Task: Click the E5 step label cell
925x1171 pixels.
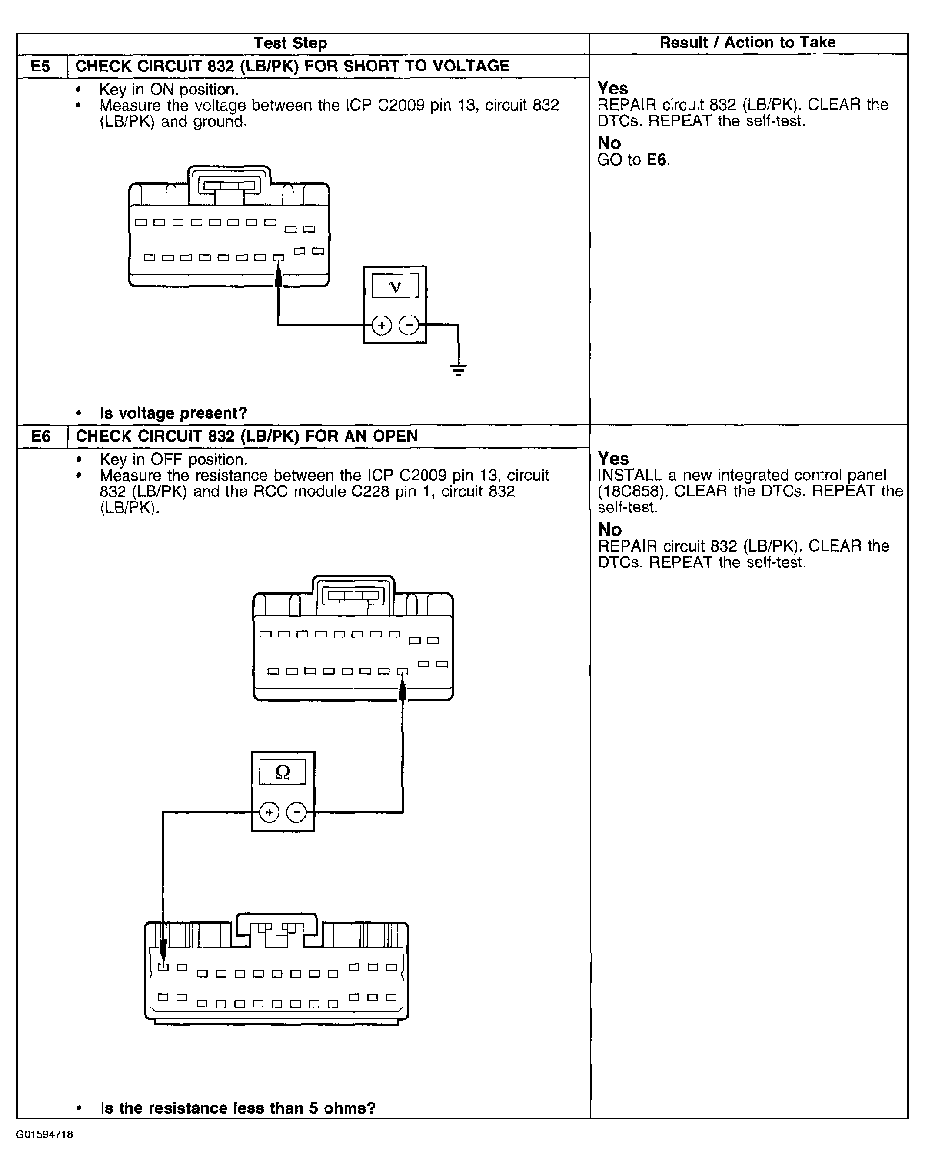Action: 41,66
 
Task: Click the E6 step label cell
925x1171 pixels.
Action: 41,436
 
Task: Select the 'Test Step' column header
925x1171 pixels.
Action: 290,43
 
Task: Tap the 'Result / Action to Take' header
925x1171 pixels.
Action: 747,42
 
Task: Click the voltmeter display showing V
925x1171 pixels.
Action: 396,286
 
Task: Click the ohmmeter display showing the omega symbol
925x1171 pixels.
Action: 283,772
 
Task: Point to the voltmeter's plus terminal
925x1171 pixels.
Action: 382,325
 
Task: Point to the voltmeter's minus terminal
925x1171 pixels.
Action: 409,325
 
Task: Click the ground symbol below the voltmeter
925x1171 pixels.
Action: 458,370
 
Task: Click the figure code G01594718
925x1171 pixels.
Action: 44,1134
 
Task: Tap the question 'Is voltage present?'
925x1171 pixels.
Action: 173,413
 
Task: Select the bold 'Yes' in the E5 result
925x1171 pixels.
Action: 612,88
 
